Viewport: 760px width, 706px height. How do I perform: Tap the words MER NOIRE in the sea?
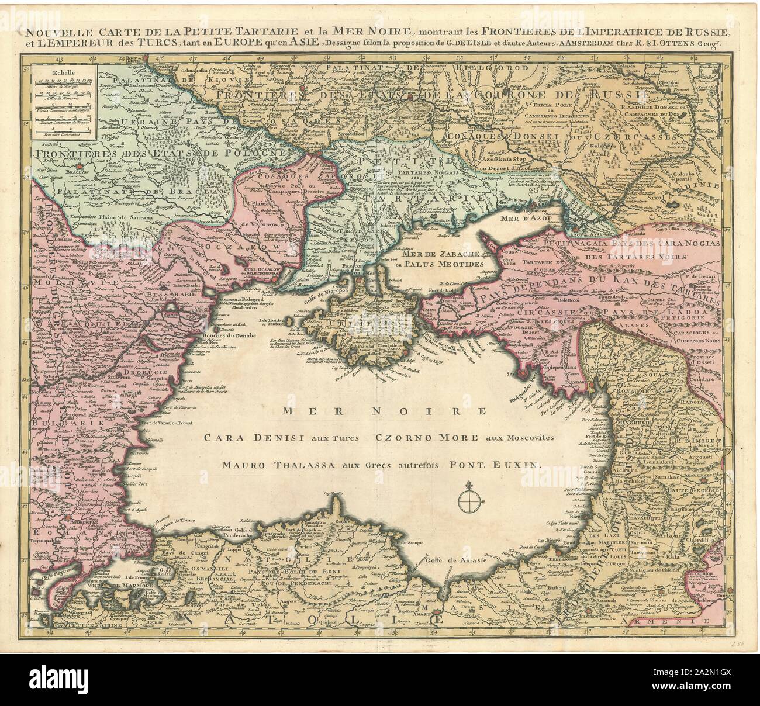click(384, 411)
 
